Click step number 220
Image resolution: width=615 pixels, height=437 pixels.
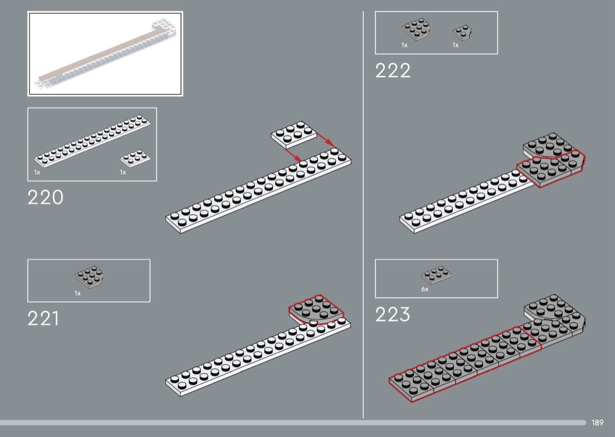[x=45, y=197]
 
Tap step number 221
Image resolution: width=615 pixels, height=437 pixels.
[x=43, y=319]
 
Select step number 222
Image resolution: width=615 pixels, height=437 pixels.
[x=393, y=71]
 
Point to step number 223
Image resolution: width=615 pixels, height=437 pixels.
[x=393, y=315]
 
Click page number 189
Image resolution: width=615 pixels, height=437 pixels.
[x=597, y=422]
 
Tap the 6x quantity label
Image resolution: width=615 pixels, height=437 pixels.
[x=425, y=289]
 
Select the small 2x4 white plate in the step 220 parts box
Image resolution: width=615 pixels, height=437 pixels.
[x=134, y=158]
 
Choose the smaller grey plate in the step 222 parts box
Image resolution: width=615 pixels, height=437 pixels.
[x=463, y=32]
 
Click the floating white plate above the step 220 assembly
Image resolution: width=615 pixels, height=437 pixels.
[x=294, y=134]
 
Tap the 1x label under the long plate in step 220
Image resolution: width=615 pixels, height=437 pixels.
[x=37, y=173]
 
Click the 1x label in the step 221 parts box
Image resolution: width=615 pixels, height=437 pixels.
[x=77, y=293]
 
